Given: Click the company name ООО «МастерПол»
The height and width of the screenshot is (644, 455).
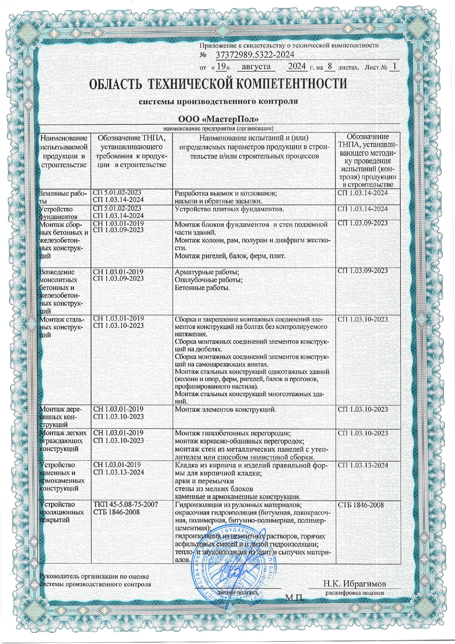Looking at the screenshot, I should click(218, 119).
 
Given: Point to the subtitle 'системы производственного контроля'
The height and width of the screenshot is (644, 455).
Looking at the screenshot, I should click(218, 101).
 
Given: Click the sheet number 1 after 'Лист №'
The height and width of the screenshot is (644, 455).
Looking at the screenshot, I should click(394, 67).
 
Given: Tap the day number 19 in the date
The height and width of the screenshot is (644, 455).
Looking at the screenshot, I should click(221, 67).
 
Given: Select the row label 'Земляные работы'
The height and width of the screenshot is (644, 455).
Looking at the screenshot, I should click(63, 197).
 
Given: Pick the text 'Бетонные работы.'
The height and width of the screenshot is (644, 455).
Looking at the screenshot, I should click(202, 288).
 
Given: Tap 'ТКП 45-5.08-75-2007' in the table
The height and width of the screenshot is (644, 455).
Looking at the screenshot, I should click(126, 504).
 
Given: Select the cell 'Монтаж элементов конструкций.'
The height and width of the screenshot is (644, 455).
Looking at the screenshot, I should click(225, 409).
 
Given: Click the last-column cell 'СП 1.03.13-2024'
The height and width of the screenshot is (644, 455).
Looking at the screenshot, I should click(363, 465).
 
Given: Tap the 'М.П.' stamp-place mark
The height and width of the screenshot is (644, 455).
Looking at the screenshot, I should click(295, 598).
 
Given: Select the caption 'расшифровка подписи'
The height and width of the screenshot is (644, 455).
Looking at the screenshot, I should click(354, 593).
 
